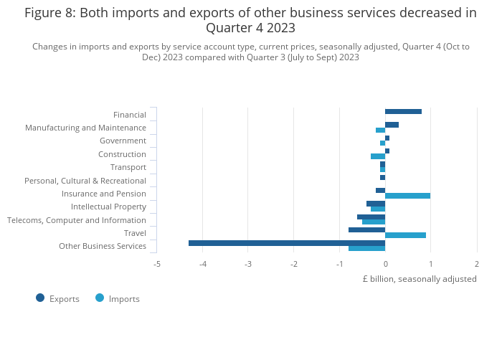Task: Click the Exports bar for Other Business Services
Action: [x=287, y=243]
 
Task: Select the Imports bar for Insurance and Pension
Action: [x=407, y=196]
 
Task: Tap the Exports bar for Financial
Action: [x=403, y=111]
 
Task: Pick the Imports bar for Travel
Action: [x=405, y=235]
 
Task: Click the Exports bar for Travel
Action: [x=366, y=230]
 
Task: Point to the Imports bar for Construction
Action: [x=378, y=156]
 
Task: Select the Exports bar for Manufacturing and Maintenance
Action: [x=392, y=125]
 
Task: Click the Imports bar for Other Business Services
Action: [x=366, y=248]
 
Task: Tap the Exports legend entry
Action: [x=57, y=298]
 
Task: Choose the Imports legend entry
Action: [x=118, y=298]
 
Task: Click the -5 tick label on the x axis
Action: [x=157, y=264]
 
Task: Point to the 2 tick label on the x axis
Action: [x=476, y=264]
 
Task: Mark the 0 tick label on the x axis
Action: [x=385, y=264]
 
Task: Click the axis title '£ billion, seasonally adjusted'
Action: [x=419, y=279]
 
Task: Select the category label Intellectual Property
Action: [x=108, y=207]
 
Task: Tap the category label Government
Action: [x=123, y=141]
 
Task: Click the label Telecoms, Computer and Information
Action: [x=77, y=220]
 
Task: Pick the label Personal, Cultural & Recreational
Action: [x=85, y=181]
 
